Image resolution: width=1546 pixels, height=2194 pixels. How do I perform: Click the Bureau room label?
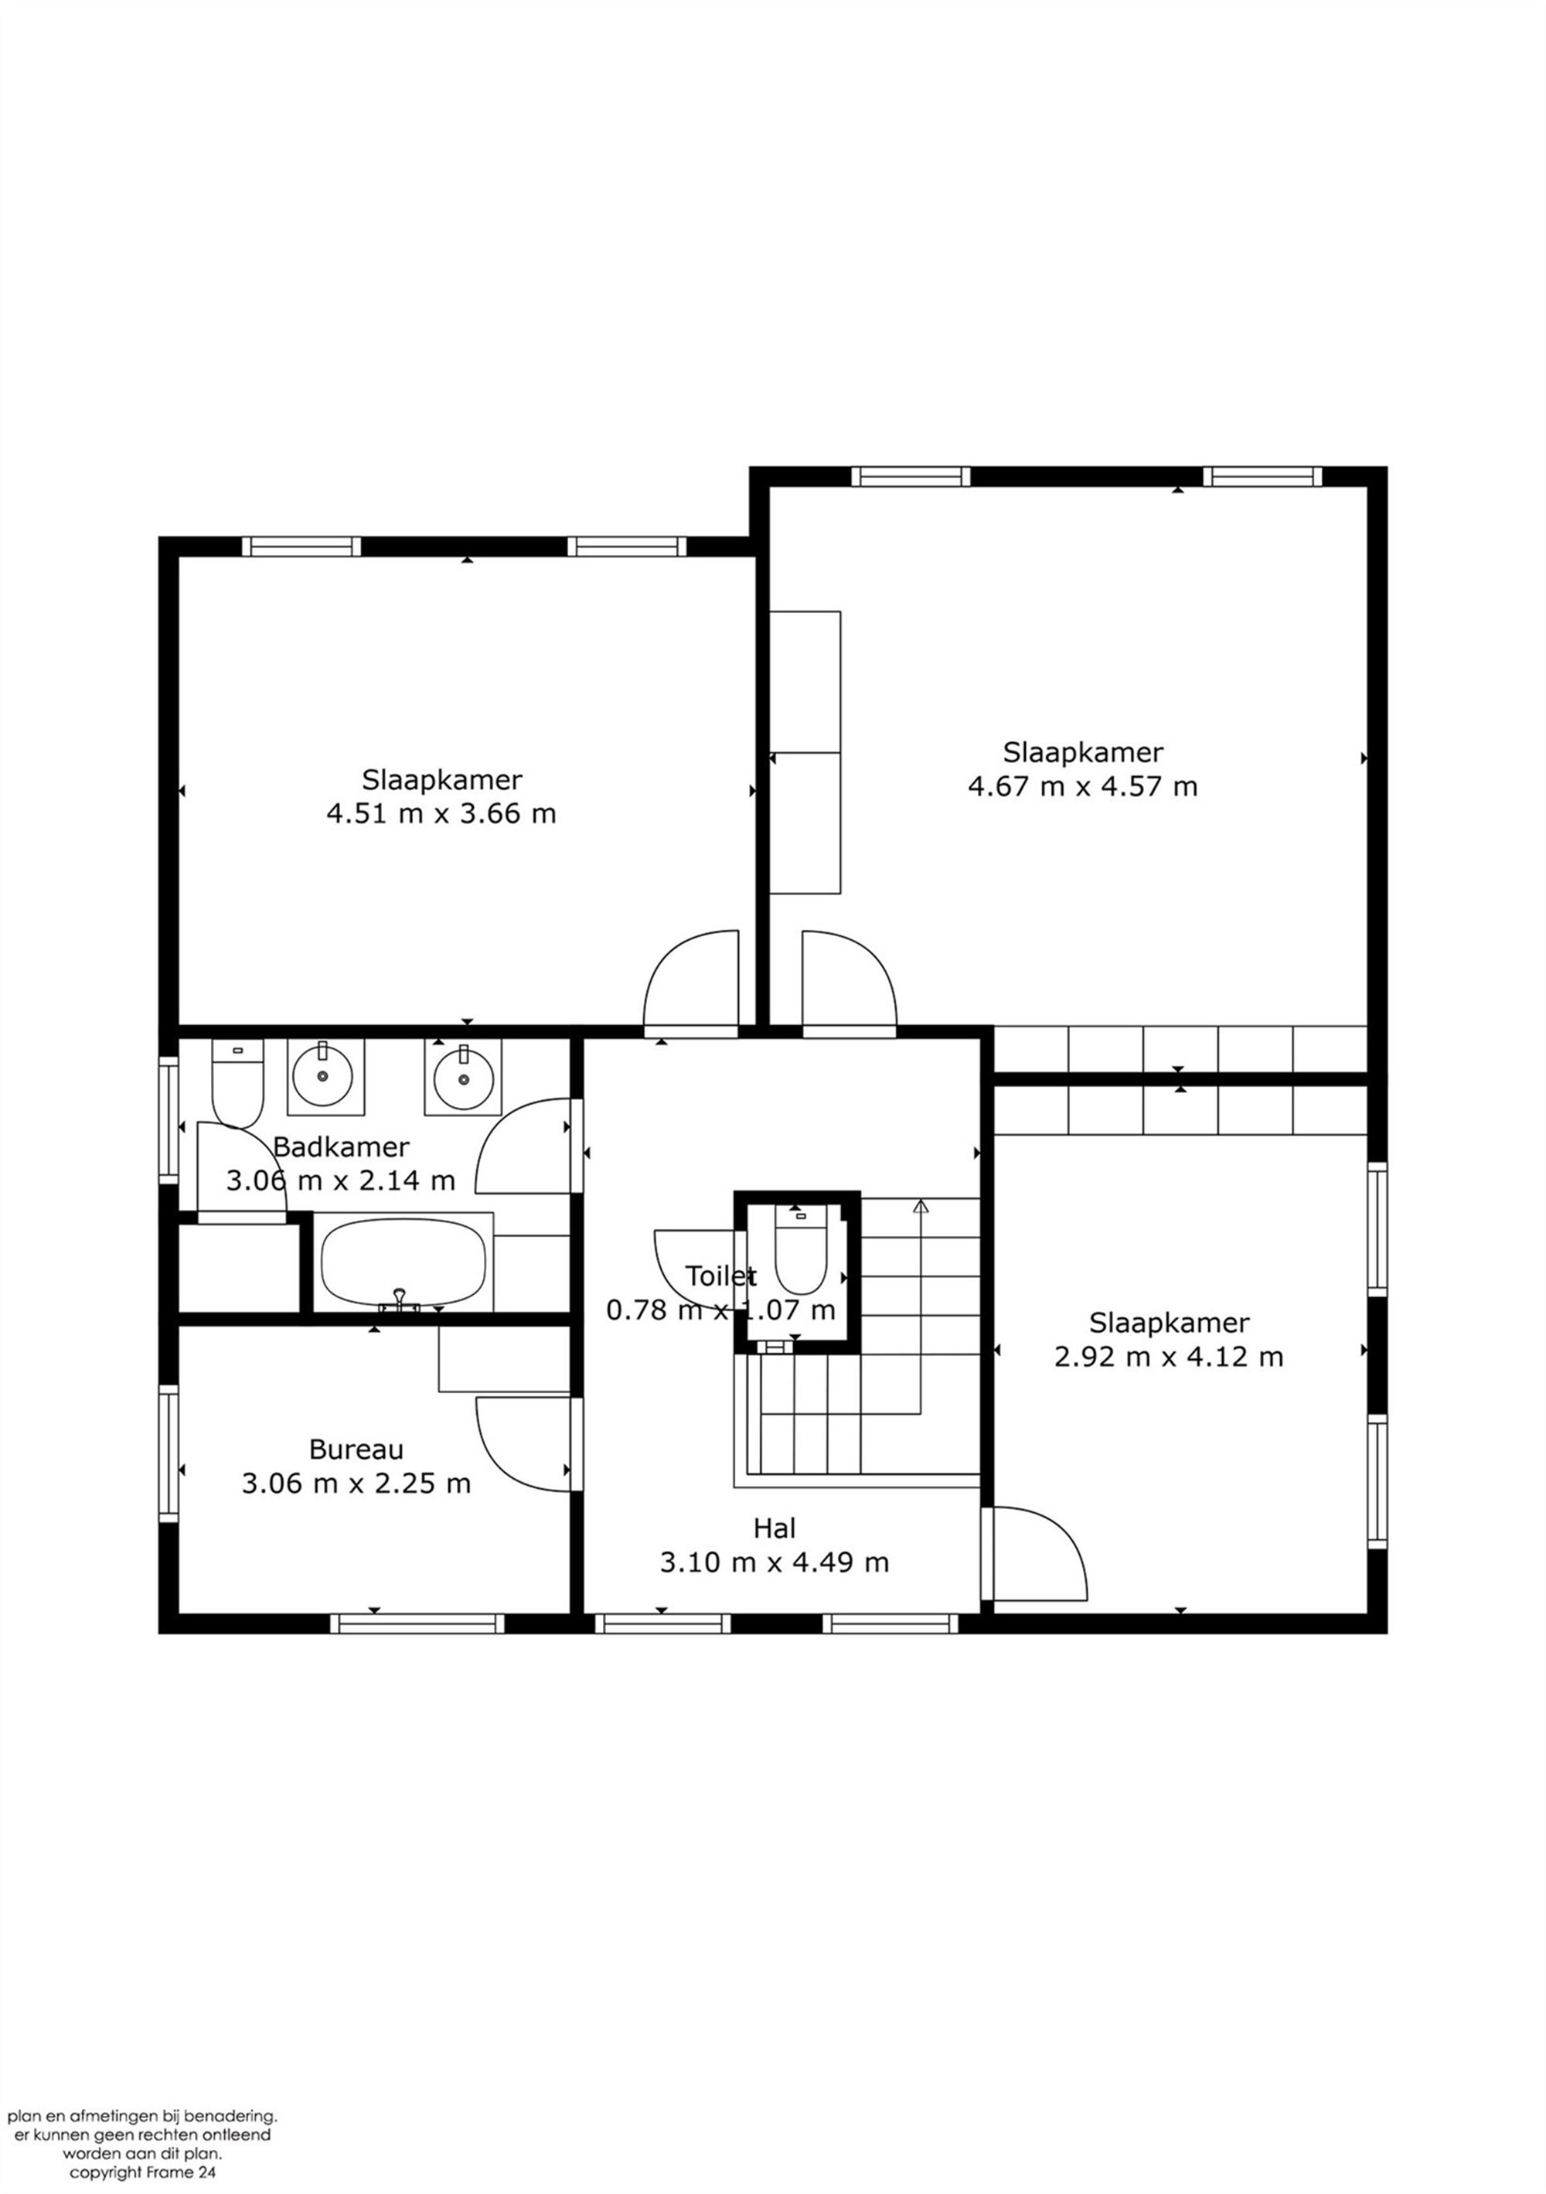click(x=356, y=1450)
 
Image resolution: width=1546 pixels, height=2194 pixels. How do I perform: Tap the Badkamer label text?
click(x=341, y=1146)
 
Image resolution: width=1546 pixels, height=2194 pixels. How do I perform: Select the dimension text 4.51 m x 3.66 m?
click(x=441, y=813)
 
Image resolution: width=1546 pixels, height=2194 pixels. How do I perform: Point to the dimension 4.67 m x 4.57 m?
click(x=1082, y=786)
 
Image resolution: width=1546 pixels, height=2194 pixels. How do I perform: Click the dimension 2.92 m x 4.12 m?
click(x=1169, y=1356)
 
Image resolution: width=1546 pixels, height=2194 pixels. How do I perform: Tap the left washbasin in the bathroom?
click(x=325, y=1077)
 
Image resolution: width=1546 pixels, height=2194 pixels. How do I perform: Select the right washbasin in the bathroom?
click(x=464, y=1077)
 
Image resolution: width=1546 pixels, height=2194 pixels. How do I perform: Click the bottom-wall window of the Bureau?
click(x=417, y=1623)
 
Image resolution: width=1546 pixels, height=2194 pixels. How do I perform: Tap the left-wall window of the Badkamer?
click(x=169, y=1120)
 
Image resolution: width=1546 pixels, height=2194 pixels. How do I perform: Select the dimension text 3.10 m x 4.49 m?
click(x=774, y=1562)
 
